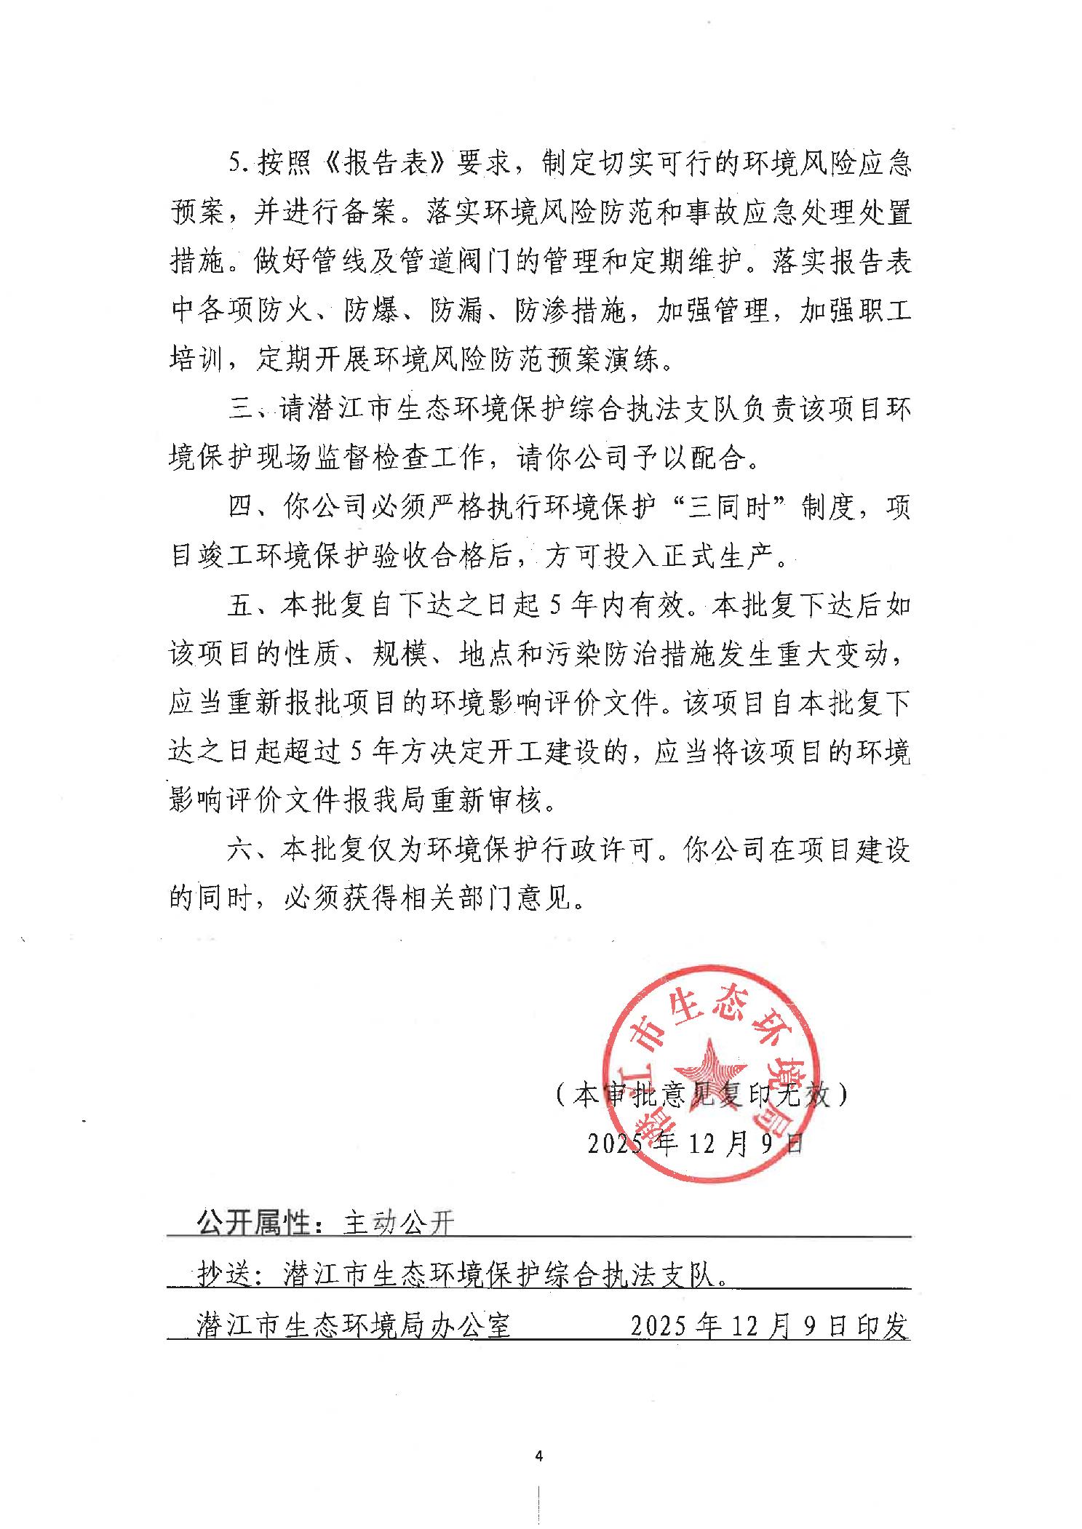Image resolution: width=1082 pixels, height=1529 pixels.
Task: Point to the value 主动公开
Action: tap(399, 1223)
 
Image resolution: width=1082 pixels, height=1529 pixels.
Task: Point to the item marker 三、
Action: tap(249, 410)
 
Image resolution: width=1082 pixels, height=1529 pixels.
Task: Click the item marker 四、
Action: tap(249, 508)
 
